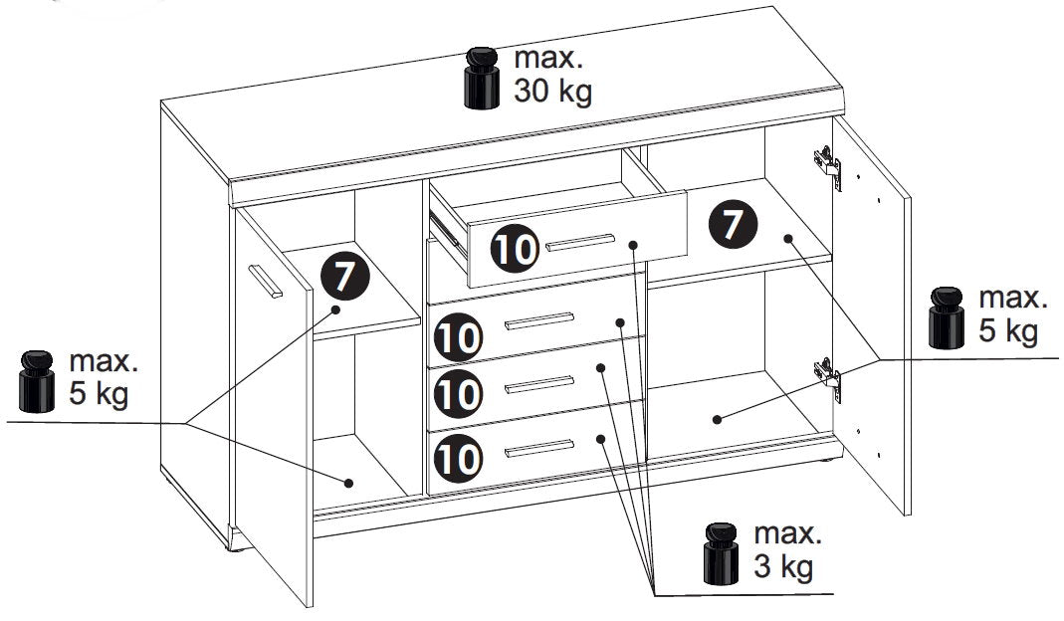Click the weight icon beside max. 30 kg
point(482,78)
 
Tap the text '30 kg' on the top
point(552,92)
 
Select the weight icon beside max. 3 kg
point(721,553)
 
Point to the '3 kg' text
point(783,567)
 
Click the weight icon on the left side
point(37,381)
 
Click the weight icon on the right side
point(947,317)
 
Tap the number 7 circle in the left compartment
point(344,277)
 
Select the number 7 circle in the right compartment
point(733,224)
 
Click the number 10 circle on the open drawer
point(515,249)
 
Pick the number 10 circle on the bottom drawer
point(459,459)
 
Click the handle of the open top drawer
point(580,242)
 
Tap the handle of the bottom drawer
point(539,449)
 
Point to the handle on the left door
point(266,281)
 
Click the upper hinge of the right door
point(828,166)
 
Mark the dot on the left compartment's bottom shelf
point(348,483)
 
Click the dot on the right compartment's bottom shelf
point(717,419)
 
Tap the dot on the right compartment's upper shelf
point(788,238)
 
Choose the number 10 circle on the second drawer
point(459,337)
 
